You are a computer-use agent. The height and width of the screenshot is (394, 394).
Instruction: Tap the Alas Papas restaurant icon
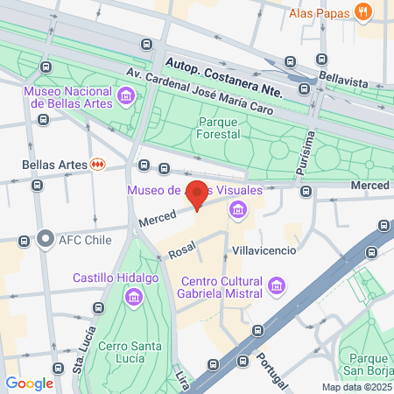pos(364,12)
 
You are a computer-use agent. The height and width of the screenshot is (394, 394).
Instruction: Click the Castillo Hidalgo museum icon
pos(134,299)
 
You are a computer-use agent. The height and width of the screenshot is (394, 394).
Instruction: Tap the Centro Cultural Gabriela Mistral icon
pos(277,285)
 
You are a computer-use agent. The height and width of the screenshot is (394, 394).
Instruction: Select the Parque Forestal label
pos(225,128)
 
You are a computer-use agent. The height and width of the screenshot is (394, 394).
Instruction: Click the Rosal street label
pos(181,252)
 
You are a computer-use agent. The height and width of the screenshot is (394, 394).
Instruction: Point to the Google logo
pos(29,383)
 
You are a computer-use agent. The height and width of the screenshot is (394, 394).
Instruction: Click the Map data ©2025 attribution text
pos(355,387)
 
